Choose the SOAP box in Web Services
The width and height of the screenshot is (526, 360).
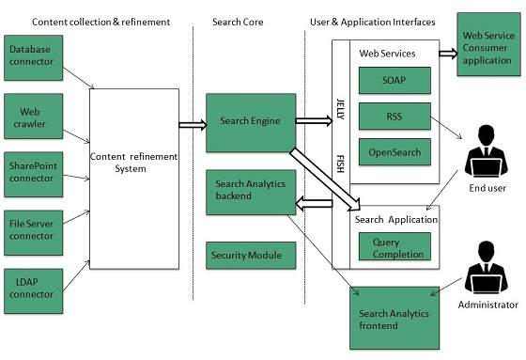[x=394, y=82]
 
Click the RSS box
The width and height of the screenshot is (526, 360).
[x=394, y=117]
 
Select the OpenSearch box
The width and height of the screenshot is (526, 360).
[x=394, y=151]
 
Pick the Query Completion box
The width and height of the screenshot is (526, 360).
[x=394, y=247]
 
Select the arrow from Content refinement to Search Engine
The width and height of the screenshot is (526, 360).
[x=193, y=121]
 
